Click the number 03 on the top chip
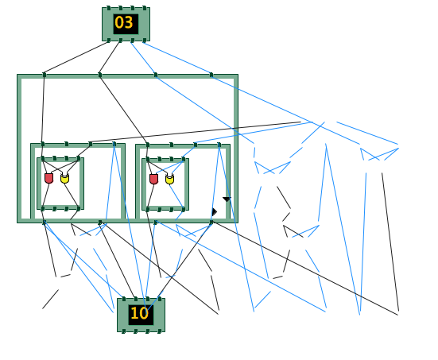[124, 22]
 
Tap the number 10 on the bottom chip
[139, 313]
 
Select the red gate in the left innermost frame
[48, 178]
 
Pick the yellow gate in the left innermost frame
[65, 178]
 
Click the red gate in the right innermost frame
[153, 179]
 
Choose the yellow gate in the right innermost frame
[169, 179]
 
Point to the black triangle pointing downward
[227, 199]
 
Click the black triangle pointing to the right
[215, 211]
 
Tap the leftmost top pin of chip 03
[109, 8]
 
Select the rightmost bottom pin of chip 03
[145, 41]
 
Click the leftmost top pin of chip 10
[124, 299]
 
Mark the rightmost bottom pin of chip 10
[160, 331]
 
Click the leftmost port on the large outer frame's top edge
[45, 75]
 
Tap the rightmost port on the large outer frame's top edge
[211, 75]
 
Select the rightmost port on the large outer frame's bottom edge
[211, 222]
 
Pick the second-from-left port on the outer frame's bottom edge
[100, 222]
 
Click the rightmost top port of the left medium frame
[114, 144]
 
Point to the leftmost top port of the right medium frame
[148, 145]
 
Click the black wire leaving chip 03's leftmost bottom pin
[76, 57]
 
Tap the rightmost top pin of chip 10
[160, 299]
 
